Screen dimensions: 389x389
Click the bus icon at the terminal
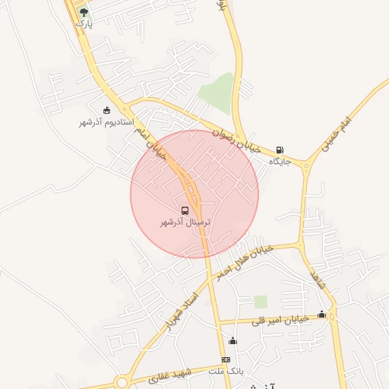point(185,210)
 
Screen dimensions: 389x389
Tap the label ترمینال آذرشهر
point(185,223)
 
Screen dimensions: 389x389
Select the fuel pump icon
point(280,150)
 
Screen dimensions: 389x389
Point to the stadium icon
point(106,111)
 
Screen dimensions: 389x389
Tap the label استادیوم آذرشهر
point(106,122)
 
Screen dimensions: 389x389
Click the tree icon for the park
point(84,12)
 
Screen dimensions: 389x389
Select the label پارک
point(83,24)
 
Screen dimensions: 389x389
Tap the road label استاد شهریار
point(180,308)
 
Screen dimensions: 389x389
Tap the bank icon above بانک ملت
point(226,359)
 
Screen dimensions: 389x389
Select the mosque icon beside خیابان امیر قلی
point(321,314)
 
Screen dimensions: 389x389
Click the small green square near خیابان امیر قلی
point(261,302)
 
